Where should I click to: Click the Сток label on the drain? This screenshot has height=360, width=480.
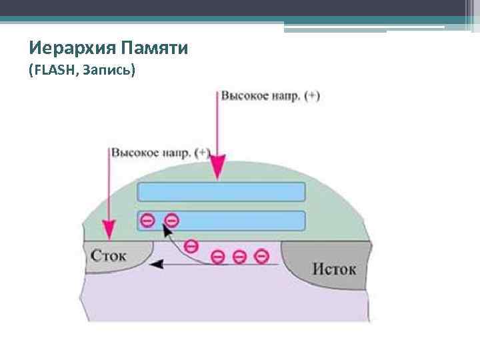(108, 256)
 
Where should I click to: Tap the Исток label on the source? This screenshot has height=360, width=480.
(334, 269)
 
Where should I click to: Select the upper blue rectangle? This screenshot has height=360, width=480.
(221, 192)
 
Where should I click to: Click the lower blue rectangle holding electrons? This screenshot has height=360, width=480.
(233, 221)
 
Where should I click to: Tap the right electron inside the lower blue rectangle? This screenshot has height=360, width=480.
(171, 219)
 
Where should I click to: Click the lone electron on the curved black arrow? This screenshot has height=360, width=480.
(191, 245)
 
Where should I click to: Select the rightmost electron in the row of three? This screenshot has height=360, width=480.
(262, 255)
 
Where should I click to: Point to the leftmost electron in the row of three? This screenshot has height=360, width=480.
(218, 256)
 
